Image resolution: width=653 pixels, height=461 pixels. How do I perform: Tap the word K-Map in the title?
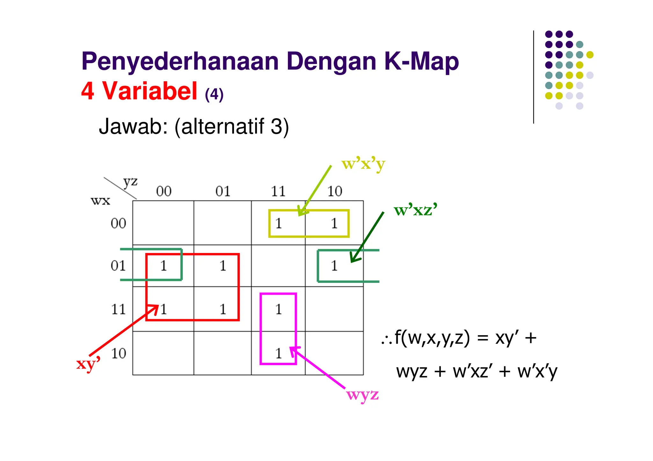tap(421, 62)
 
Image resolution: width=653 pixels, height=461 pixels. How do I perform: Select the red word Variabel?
tap(150, 91)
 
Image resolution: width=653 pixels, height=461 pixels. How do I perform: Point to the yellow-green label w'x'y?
tap(363, 164)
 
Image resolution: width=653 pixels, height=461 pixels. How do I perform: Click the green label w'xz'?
tap(415, 210)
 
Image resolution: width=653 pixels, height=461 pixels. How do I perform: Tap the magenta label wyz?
tap(363, 395)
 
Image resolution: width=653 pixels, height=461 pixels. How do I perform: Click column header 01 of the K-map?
tap(223, 191)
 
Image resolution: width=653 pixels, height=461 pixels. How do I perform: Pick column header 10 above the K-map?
tap(334, 191)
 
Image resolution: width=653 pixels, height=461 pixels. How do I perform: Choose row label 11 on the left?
tap(118, 309)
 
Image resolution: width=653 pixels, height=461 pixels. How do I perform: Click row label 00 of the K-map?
tap(118, 224)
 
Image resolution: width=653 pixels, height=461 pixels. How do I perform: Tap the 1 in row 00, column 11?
tap(279, 224)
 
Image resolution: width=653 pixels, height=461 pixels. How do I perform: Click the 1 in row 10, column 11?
tap(279, 353)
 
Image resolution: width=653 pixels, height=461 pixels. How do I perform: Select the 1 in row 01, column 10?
tap(334, 266)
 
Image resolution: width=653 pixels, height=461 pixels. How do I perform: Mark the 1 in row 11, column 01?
tap(223, 309)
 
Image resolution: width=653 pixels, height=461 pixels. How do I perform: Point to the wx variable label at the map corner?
tap(100, 201)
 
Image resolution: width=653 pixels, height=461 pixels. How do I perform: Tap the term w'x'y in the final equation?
tap(537, 372)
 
